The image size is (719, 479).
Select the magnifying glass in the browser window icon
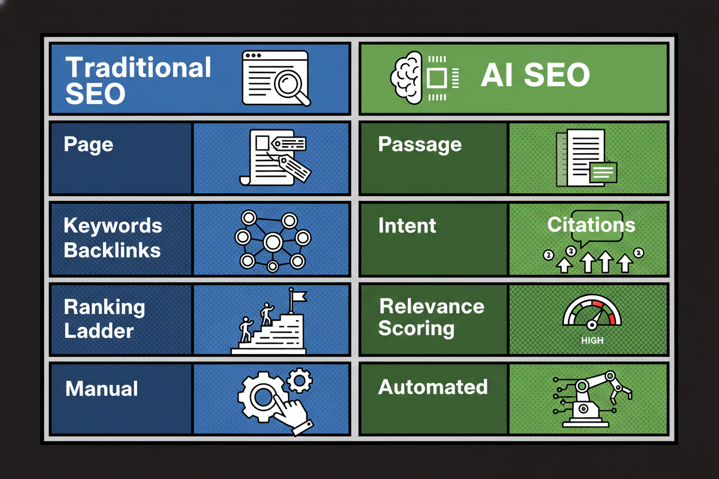(288, 85)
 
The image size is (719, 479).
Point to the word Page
(88, 144)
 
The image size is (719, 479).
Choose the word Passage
(419, 144)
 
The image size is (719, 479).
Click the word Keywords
(113, 225)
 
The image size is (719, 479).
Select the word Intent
(407, 225)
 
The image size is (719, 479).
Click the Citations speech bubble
(591, 226)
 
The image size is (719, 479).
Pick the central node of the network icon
(272, 242)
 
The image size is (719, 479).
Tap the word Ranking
(104, 307)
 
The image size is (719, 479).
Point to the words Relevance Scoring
(431, 317)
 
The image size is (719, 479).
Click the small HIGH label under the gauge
(592, 341)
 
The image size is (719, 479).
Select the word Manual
(101, 389)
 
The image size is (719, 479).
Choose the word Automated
(433, 387)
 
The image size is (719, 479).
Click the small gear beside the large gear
(299, 381)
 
